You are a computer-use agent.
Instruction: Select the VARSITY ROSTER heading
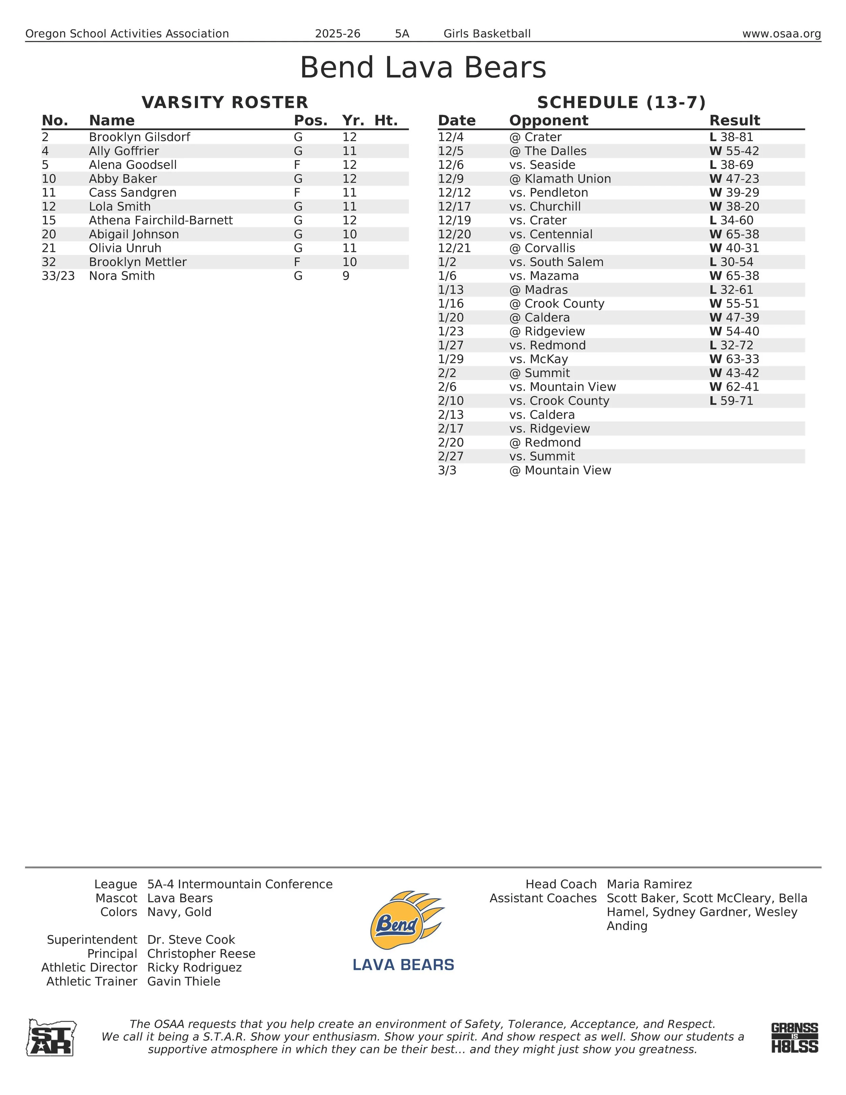[x=225, y=102]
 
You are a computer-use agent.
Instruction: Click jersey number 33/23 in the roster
[x=58, y=276]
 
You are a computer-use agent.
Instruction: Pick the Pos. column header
[x=310, y=121]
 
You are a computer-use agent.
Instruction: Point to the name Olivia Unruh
[x=125, y=248]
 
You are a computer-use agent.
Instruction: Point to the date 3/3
[x=447, y=470]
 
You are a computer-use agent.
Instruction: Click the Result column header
[x=734, y=121]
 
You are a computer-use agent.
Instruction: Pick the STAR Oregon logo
[x=51, y=1037]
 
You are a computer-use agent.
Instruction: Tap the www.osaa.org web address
[x=781, y=34]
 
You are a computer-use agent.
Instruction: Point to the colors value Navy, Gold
[x=179, y=912]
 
